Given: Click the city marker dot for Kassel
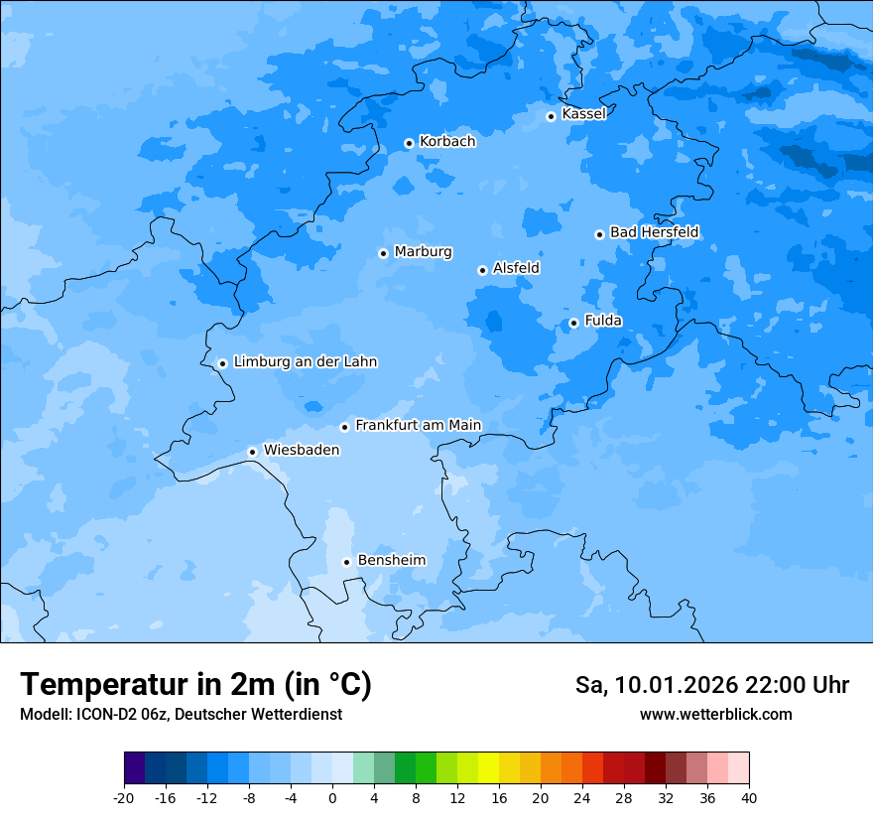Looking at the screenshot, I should tap(551, 116).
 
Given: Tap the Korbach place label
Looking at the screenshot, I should tap(447, 142).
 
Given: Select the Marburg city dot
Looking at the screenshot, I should tap(383, 253).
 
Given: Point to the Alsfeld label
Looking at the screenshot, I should tap(516, 268).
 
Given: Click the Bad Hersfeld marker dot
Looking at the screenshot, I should tap(599, 234).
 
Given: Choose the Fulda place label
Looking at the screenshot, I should tap(603, 321).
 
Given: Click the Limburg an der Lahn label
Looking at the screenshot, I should tap(305, 362).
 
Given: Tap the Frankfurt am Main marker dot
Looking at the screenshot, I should tap(344, 427).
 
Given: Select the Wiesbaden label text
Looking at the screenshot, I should tap(301, 450).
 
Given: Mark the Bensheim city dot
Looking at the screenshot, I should tap(346, 562).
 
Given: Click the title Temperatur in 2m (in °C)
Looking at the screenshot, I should tap(195, 685).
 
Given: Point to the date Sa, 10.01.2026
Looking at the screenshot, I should tap(656, 685).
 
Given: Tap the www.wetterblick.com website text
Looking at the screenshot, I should tap(715, 715).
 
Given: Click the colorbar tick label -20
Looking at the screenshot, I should tap(124, 798).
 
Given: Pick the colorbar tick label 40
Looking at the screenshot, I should tap(749, 798).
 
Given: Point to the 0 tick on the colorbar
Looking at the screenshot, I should tap(332, 798).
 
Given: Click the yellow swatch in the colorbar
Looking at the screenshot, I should tap(488, 769).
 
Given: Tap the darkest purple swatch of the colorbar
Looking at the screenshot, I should tap(134, 769).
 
